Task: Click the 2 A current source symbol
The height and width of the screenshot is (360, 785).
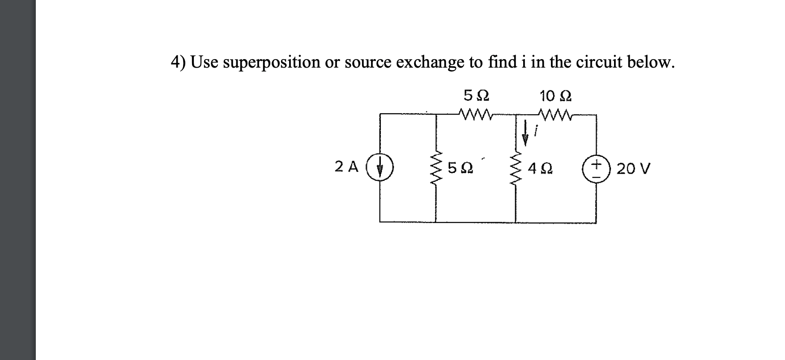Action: pos(380,169)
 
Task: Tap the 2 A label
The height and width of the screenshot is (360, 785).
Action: pos(347,167)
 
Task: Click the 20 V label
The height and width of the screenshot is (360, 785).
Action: pos(633,169)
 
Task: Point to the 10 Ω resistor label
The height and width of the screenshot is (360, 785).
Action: pos(555,96)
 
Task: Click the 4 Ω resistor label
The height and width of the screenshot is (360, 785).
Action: pos(540,169)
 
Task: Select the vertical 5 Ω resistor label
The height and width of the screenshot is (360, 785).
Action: pos(459,169)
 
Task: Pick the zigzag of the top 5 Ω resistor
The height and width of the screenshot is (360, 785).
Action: pos(476,116)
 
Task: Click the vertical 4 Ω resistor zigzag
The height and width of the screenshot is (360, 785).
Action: pos(516,169)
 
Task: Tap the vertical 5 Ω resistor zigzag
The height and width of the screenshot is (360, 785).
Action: pos(436,169)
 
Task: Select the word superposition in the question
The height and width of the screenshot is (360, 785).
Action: pos(271,63)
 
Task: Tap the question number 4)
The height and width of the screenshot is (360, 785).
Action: pos(179,62)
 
